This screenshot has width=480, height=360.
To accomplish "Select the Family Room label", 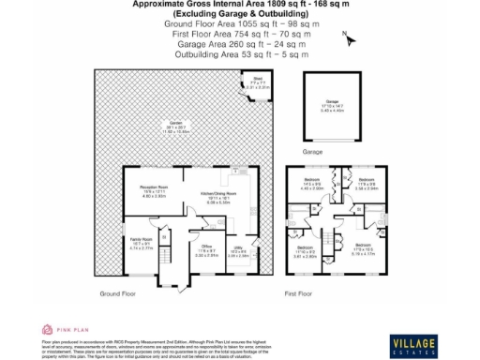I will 141,245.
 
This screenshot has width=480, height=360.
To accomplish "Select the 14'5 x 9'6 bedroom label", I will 312,184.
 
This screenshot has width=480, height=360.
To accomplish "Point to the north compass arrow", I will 347,39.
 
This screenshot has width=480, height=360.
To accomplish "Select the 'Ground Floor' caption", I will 119,294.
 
